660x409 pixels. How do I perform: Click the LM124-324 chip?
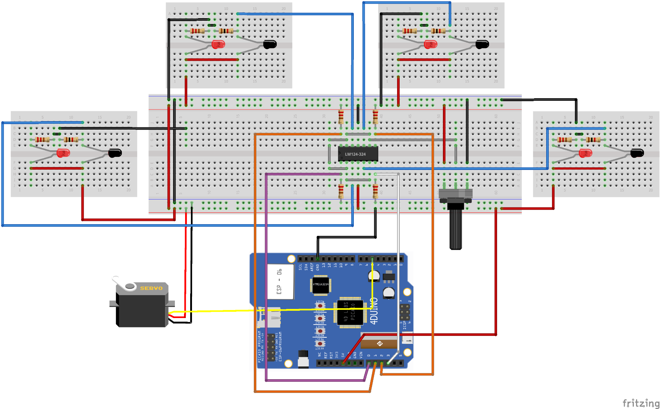pyautogui.click(x=358, y=154)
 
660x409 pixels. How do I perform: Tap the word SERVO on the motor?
pyautogui.click(x=151, y=288)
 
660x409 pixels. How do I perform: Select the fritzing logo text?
pyautogui.click(x=641, y=403)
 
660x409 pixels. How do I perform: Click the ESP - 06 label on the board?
pyautogui.click(x=279, y=282)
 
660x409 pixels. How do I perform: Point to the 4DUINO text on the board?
pyautogui.click(x=374, y=311)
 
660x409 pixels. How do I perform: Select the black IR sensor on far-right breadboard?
pyautogui.click(x=637, y=153)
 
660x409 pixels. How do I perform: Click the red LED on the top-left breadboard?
pyautogui.click(x=219, y=44)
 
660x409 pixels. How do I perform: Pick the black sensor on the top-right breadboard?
pyautogui.click(x=483, y=44)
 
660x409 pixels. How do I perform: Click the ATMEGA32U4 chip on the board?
pyautogui.click(x=320, y=285)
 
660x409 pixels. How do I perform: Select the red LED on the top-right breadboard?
pyautogui.click(x=431, y=44)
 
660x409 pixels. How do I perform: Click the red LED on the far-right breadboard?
pyautogui.click(x=585, y=153)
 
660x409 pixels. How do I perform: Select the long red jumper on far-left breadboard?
pyautogui.click(x=57, y=168)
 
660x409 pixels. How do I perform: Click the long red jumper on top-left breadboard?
pyautogui.click(x=212, y=59)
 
